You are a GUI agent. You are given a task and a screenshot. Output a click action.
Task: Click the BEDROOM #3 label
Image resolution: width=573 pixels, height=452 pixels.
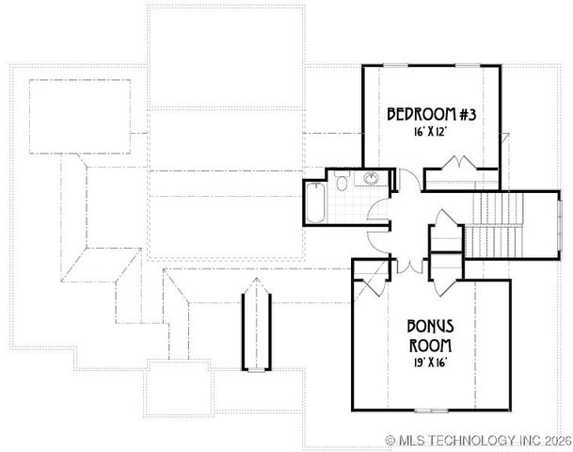point(434,115)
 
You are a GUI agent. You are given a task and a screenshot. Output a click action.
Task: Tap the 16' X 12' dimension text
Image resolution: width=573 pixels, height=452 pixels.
point(433,133)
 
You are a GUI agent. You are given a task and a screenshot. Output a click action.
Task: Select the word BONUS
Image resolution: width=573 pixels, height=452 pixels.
point(431,326)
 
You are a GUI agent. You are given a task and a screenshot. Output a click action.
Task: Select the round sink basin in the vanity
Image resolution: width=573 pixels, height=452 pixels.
point(373,179)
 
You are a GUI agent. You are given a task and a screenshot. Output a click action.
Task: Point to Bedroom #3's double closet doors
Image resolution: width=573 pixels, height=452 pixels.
point(460,168)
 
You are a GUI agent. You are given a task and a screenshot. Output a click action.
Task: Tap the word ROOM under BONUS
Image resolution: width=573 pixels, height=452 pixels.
point(431,344)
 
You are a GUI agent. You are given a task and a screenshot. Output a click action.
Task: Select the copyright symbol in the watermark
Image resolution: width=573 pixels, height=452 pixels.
point(391,440)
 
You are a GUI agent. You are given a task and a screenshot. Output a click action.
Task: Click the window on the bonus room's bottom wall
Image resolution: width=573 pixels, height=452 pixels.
point(431,410)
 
